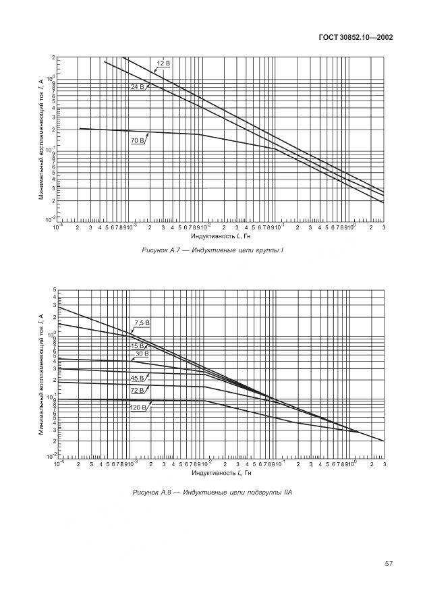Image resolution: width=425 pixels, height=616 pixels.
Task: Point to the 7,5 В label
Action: [141, 323]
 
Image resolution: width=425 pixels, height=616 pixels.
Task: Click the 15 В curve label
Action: [138, 346]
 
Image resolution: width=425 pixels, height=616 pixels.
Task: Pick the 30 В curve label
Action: [141, 354]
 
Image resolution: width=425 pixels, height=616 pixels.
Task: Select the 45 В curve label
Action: [138, 379]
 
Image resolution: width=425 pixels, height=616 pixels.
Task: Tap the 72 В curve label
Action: [138, 391]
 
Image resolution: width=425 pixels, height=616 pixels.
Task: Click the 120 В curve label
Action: [138, 408]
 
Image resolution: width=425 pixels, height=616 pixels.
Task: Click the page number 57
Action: [388, 563]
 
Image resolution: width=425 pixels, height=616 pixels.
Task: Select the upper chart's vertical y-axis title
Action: [41, 138]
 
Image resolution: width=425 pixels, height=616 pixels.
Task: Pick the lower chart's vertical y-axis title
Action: [41, 374]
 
